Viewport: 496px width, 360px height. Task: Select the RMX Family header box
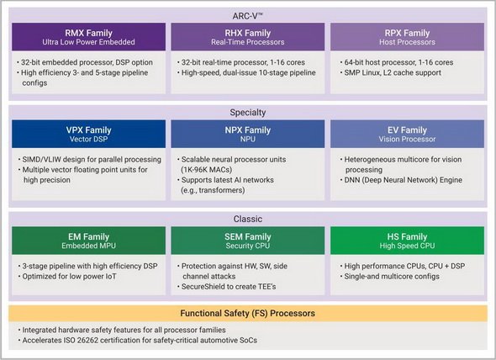tap(88, 37)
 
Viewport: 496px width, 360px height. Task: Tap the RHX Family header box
tap(248, 37)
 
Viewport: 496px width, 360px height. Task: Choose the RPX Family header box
tap(407, 37)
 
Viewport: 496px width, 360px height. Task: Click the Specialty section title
tap(248, 113)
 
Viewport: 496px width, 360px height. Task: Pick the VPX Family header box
tap(88, 134)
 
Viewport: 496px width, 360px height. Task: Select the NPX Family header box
tap(248, 134)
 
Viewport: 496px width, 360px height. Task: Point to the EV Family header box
tap(407, 134)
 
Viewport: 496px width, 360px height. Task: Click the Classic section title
tap(248, 219)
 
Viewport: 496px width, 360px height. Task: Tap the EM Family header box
tap(88, 241)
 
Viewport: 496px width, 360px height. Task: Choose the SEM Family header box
tap(248, 241)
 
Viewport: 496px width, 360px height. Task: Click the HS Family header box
tap(407, 241)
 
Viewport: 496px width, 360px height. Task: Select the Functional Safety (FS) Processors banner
tap(248, 314)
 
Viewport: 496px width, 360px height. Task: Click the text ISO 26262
tap(93, 341)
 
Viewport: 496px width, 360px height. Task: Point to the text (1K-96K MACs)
tap(206, 170)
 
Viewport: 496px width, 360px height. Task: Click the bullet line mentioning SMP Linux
tap(391, 73)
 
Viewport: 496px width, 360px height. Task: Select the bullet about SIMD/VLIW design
tap(90, 160)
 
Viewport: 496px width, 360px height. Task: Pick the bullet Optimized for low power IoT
tap(67, 277)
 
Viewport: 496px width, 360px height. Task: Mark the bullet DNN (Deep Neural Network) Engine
tap(401, 180)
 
